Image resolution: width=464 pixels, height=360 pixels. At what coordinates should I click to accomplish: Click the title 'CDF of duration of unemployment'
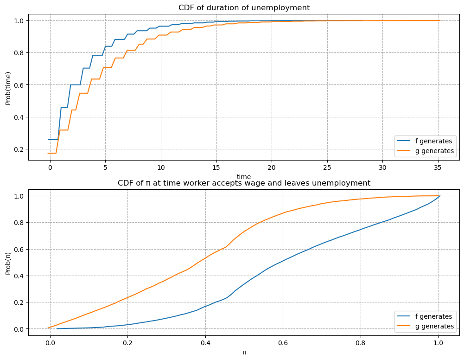tap(244, 7)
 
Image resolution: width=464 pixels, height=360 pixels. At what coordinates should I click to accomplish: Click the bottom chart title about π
tap(244, 183)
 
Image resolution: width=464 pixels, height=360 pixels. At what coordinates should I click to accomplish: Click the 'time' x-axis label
tap(244, 177)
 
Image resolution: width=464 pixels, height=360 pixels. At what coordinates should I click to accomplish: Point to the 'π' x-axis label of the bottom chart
tap(244, 352)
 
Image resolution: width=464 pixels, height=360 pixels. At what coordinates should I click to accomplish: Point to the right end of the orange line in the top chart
tap(439, 20)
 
